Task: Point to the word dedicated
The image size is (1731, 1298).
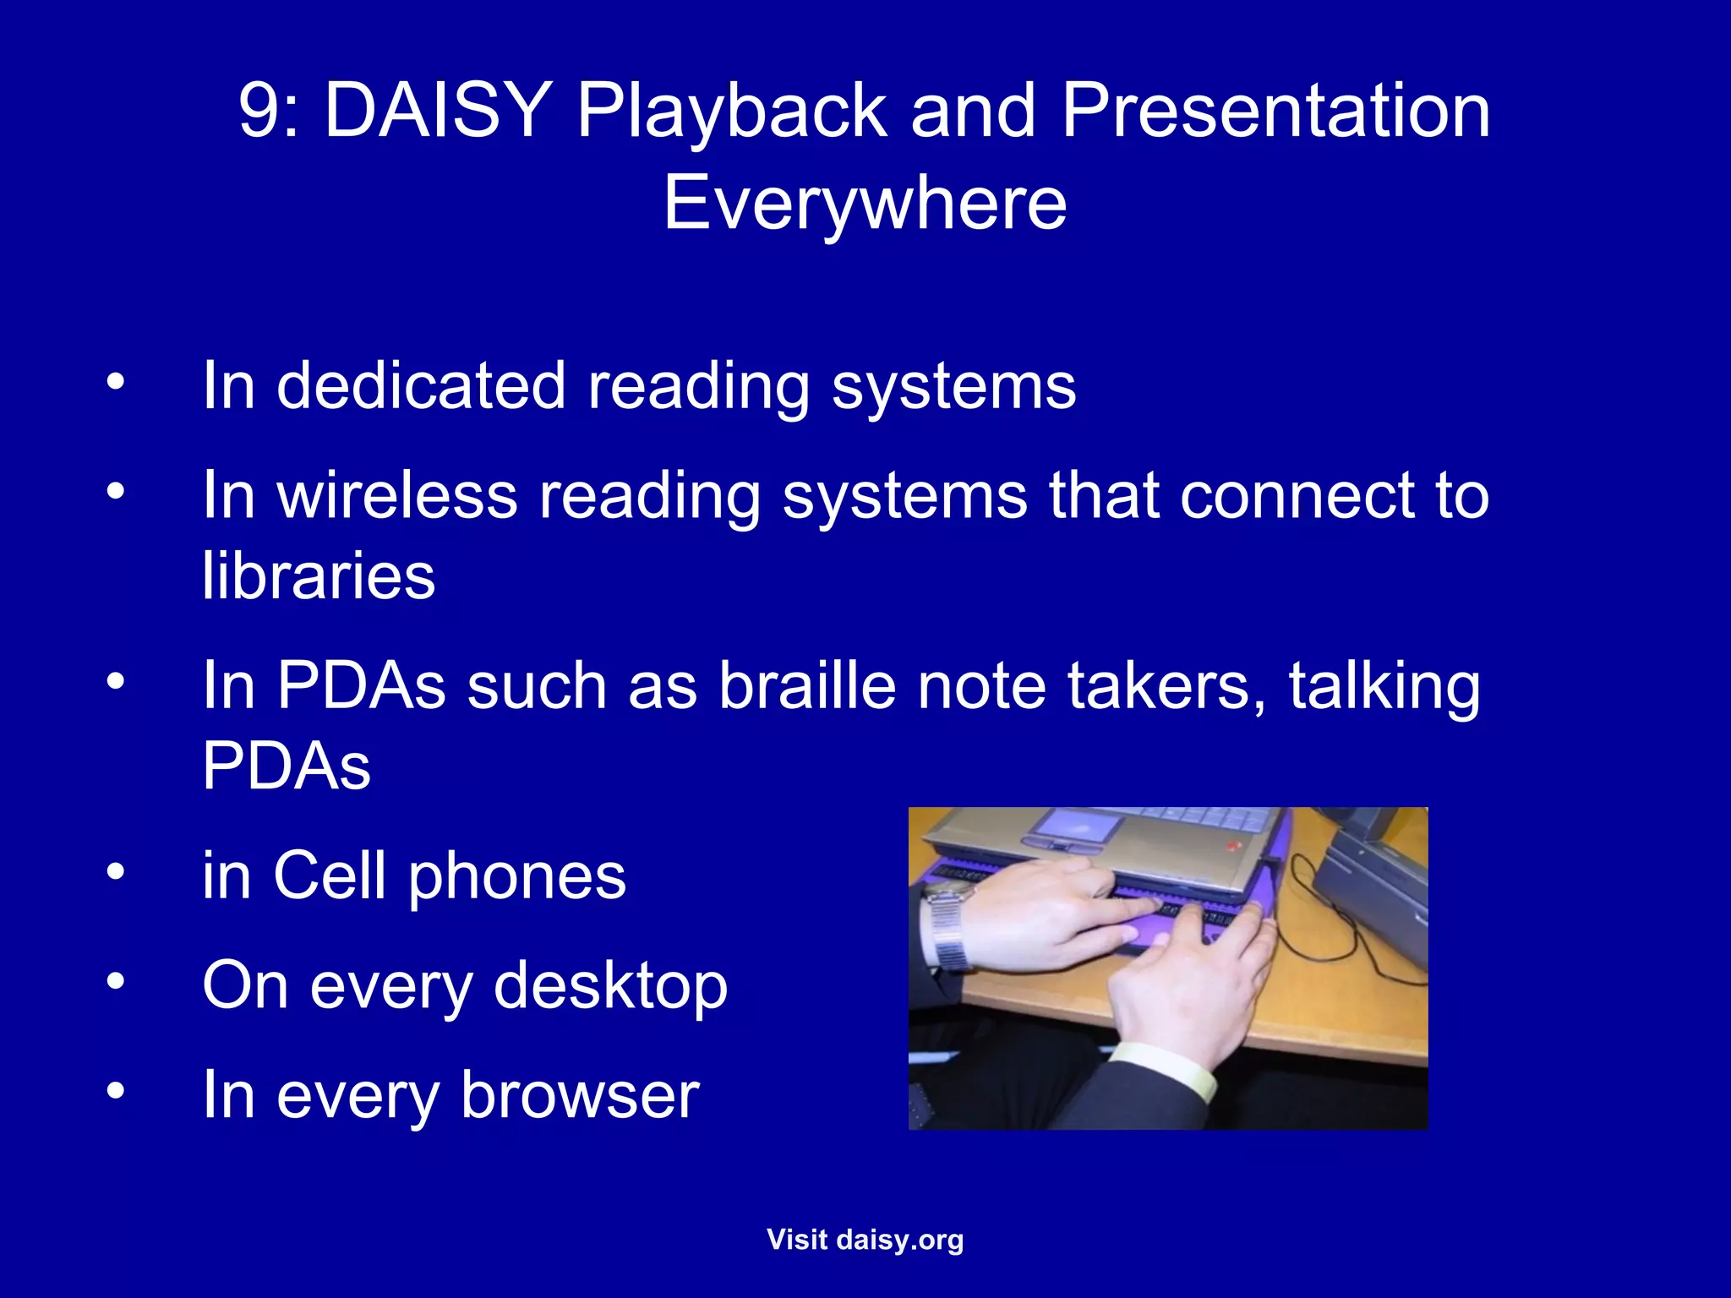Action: click(x=421, y=386)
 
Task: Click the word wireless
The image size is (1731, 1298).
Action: click(x=397, y=495)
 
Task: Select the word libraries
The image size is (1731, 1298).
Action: click(x=319, y=575)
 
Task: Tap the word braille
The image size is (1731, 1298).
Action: click(x=807, y=685)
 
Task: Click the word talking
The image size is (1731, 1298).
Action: click(x=1384, y=685)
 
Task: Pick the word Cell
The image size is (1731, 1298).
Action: click(x=329, y=876)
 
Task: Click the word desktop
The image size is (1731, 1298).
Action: click(x=610, y=985)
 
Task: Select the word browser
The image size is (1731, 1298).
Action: click(x=580, y=1095)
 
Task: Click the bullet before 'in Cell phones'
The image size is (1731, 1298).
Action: click(x=116, y=871)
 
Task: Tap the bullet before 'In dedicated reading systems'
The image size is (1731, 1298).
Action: click(x=116, y=381)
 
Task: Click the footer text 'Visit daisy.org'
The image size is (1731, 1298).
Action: click(x=865, y=1240)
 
